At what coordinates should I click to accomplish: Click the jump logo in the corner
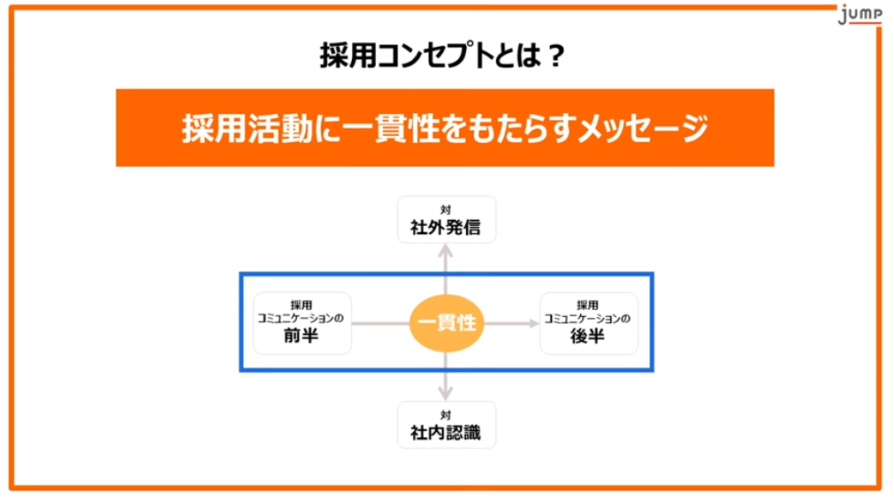[860, 15]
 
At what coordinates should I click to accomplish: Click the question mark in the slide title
[554, 56]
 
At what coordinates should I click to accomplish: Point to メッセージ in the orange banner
[642, 128]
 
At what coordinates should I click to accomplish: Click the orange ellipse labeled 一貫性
[447, 323]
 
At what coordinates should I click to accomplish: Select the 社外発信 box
[447, 220]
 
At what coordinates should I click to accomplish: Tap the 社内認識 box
[447, 425]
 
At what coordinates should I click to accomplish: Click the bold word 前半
[301, 336]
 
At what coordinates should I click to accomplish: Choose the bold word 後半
[587, 336]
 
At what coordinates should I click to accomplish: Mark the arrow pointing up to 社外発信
[446, 270]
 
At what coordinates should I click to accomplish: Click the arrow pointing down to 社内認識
[446, 376]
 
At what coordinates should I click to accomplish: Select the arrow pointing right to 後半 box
[511, 323]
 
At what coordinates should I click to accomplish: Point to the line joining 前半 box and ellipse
[381, 323]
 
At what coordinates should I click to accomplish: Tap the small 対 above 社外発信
[446, 210]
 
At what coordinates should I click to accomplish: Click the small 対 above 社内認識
[446, 415]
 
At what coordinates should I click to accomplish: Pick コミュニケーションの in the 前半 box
[301, 319]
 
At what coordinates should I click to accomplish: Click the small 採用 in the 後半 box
[587, 306]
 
